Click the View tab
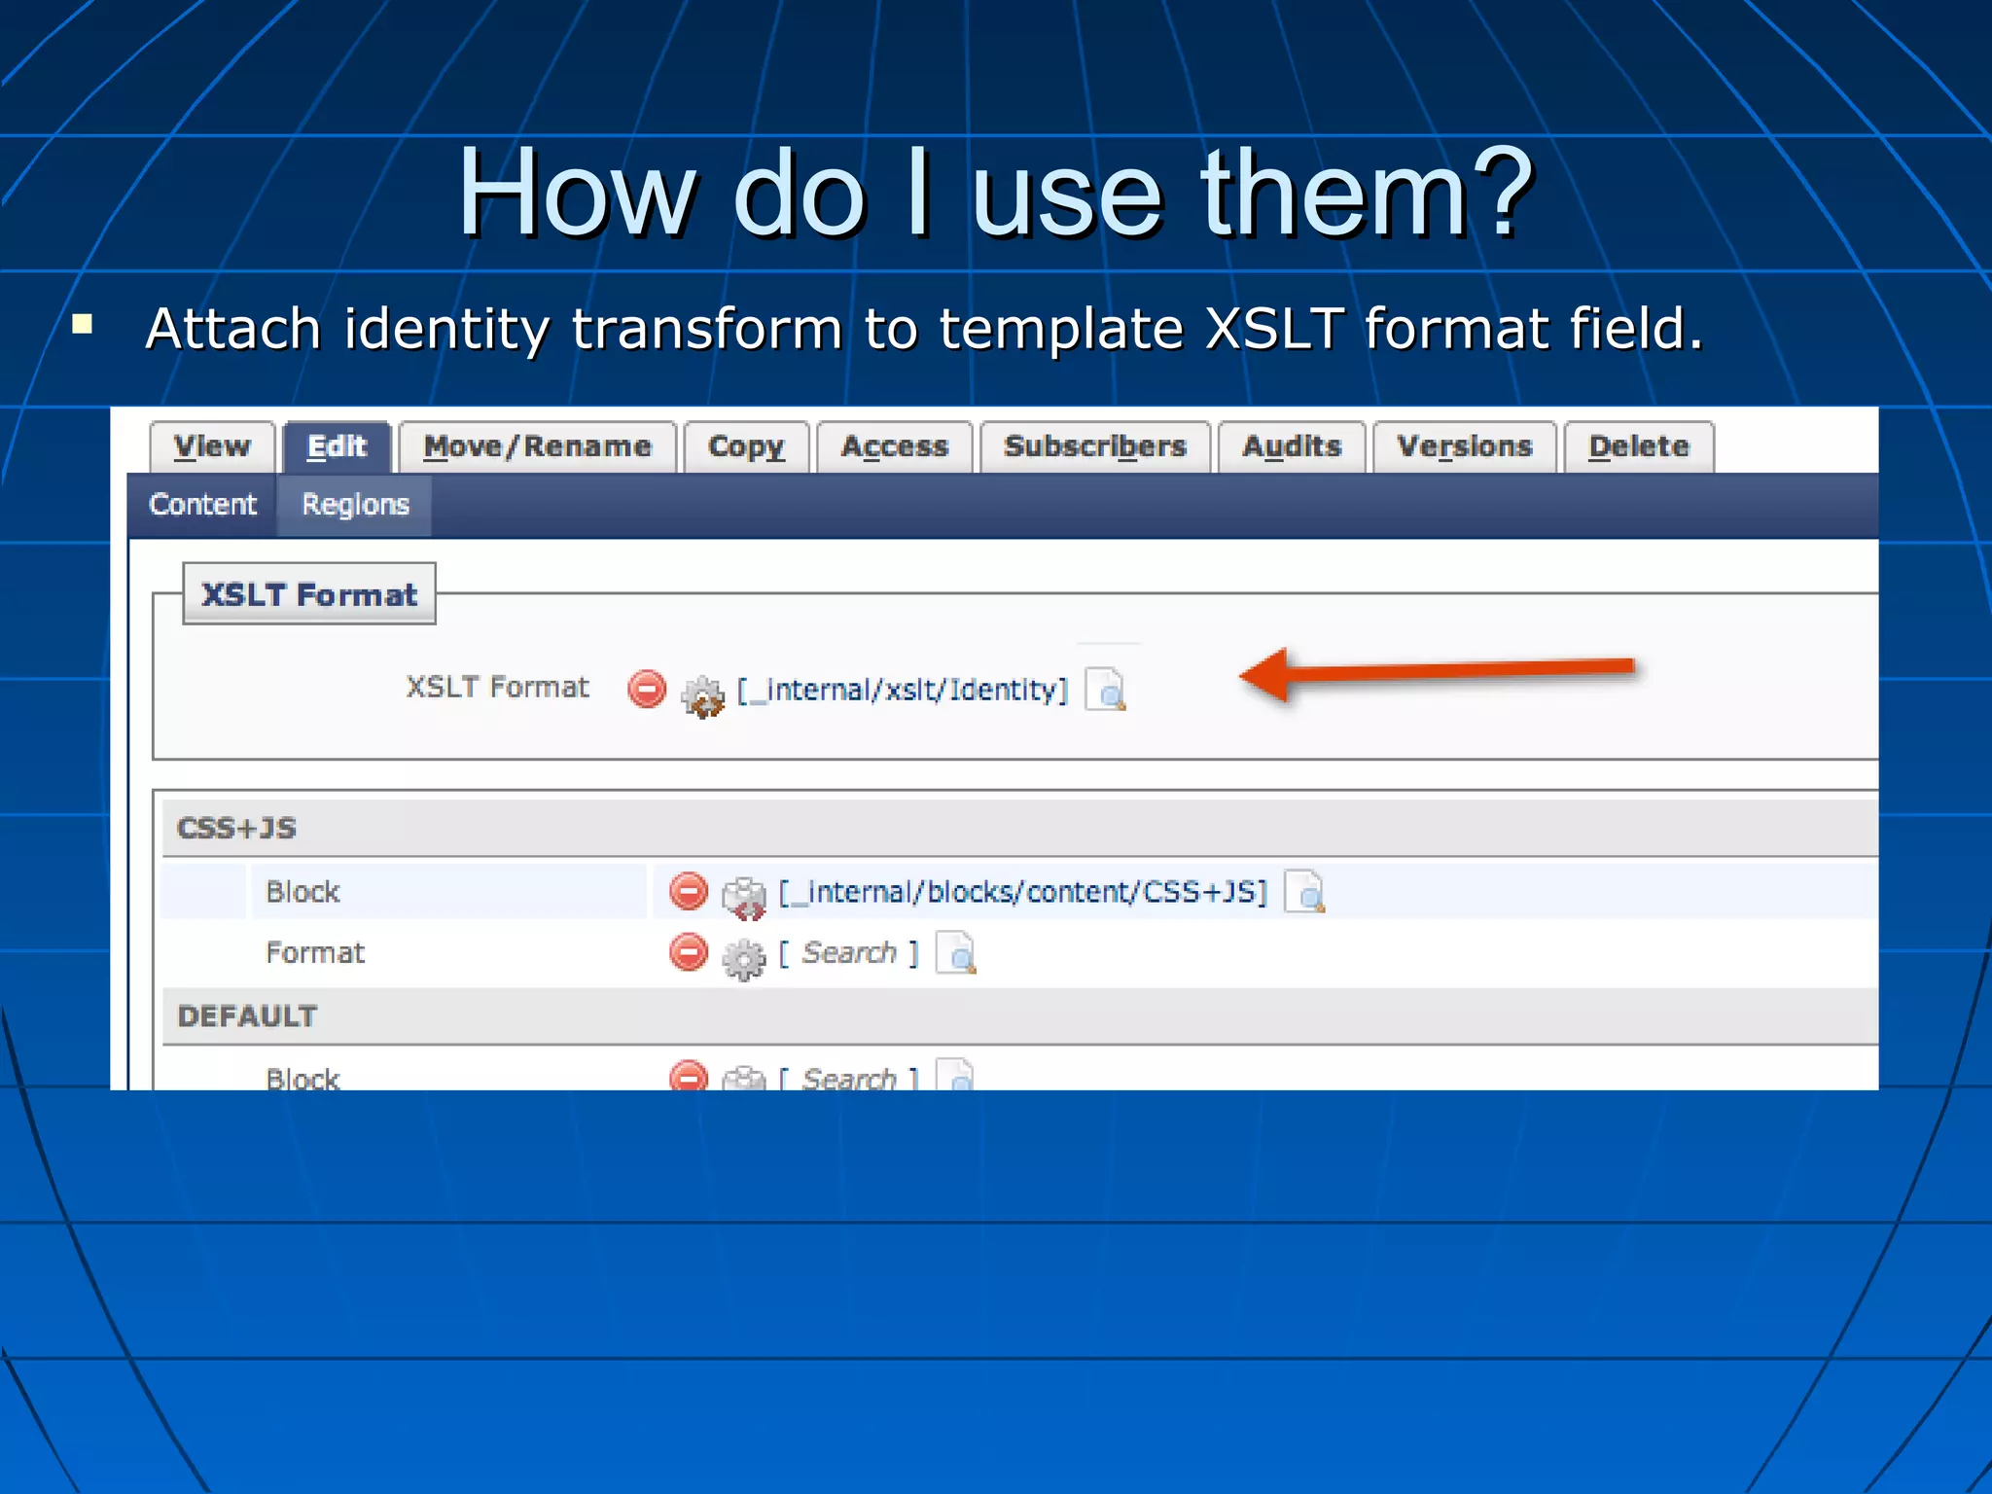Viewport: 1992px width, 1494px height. (212, 447)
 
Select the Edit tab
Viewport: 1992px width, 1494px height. (337, 447)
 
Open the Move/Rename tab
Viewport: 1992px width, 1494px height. (537, 447)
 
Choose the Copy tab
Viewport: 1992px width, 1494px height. (746, 447)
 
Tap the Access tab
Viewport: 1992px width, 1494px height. (894, 447)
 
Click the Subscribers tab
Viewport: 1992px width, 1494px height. (1095, 447)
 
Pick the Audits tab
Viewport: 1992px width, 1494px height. (1292, 447)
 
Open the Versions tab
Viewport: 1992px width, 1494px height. (1465, 447)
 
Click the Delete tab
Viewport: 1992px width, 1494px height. (1639, 447)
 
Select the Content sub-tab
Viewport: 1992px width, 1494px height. (202, 505)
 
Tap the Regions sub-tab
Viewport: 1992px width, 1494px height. (355, 505)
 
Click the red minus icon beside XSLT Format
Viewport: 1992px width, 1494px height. (647, 689)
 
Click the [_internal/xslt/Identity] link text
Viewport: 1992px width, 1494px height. (903, 690)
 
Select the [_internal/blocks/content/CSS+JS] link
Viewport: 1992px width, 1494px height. (1023, 892)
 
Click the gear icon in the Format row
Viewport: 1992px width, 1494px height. (744, 958)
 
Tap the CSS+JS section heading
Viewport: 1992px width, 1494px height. (236, 829)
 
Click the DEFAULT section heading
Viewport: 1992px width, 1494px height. (247, 1016)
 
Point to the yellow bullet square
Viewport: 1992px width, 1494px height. (83, 324)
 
